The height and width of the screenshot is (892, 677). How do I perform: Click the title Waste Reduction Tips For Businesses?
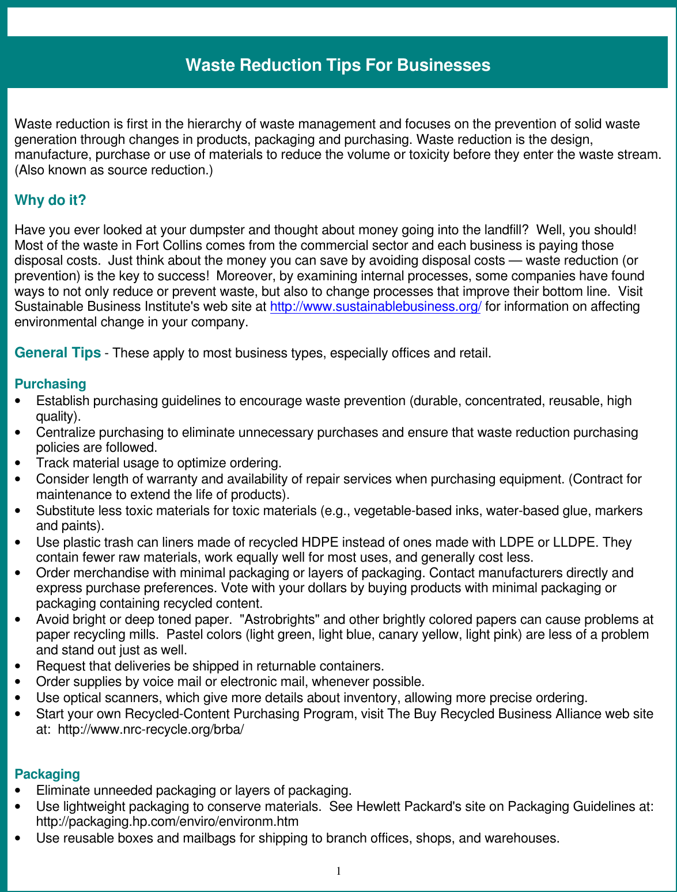click(338, 65)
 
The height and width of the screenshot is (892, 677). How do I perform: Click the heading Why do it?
click(50, 200)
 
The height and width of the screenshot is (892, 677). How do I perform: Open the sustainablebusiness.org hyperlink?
click(375, 307)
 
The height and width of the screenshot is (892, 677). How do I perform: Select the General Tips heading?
click(58, 353)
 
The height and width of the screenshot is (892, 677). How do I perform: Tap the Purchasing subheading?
click(50, 384)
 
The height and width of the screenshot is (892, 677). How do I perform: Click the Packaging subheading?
click(47, 774)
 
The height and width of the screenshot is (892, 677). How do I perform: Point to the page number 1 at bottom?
click(339, 871)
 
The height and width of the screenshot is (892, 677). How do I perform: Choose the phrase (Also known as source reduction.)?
click(114, 170)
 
